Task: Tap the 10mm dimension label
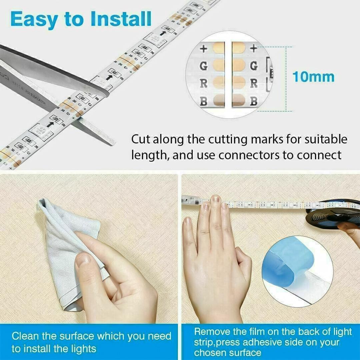313,77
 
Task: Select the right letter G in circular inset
254,66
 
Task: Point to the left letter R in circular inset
204,83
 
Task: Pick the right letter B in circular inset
254,101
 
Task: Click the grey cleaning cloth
67,240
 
